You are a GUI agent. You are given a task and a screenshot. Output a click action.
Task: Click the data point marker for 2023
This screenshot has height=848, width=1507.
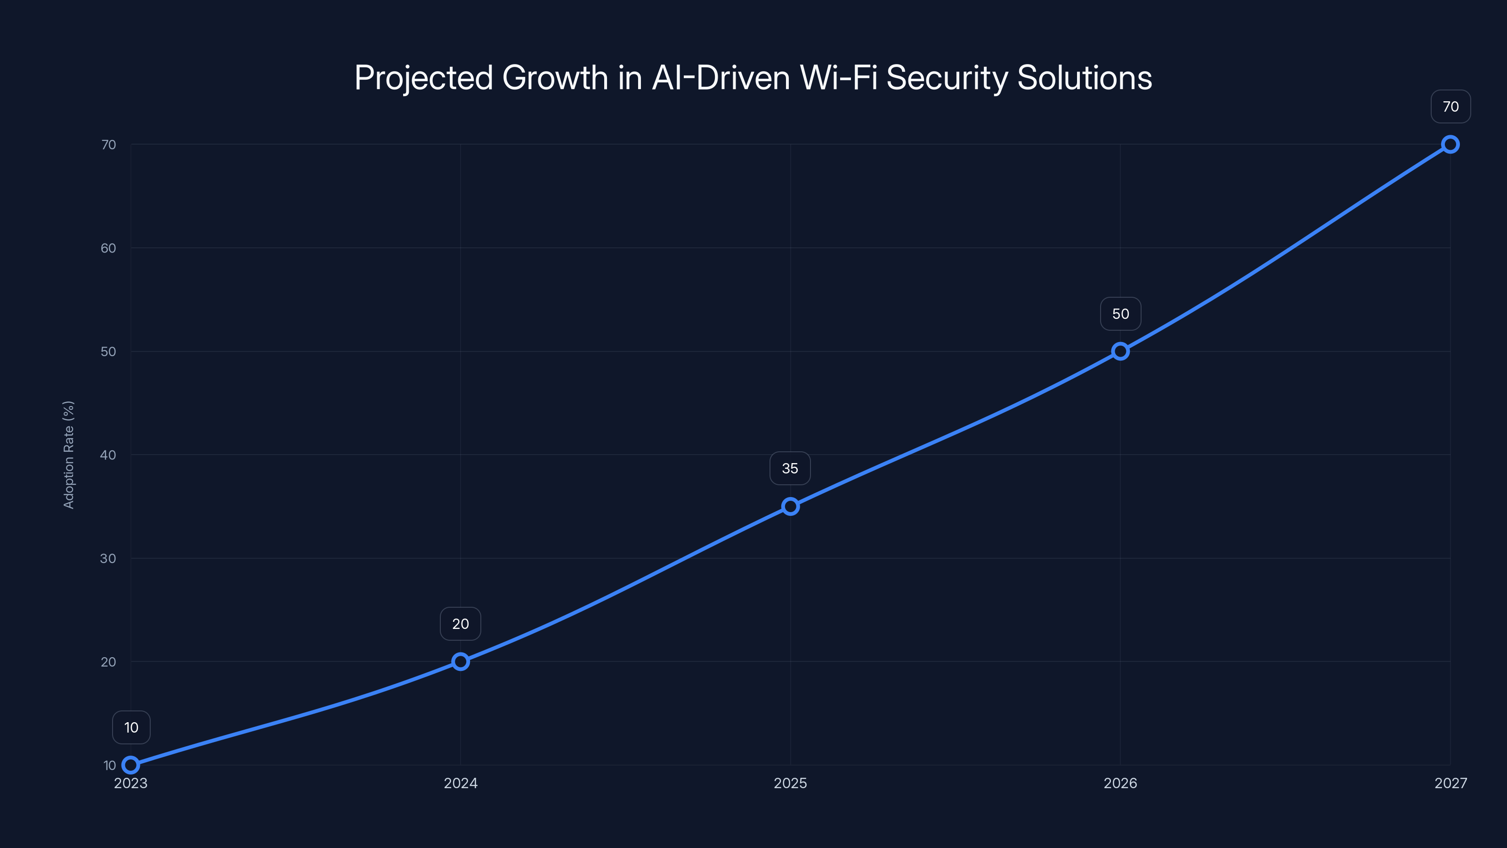coord(130,765)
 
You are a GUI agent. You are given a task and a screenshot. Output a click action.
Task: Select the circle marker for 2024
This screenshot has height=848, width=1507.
coord(461,661)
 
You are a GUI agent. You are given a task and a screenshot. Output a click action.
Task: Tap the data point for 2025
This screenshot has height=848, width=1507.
coord(790,506)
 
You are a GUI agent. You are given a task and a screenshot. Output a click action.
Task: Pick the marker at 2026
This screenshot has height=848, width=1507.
coord(1120,351)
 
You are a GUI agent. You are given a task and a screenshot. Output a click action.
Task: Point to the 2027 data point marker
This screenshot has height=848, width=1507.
coord(1450,145)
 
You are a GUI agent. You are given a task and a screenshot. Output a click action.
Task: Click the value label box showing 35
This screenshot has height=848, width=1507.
coord(790,468)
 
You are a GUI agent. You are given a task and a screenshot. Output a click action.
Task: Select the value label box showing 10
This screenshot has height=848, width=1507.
coord(131,727)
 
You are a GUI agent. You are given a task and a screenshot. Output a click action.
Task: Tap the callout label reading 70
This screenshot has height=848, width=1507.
coord(1450,106)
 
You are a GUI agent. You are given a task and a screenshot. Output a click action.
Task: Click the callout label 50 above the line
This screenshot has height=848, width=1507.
coord(1120,314)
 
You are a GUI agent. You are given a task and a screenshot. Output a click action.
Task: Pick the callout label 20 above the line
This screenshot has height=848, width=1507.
coord(461,624)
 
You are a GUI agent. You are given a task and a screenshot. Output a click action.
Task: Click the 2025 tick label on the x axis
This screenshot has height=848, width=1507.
coord(790,783)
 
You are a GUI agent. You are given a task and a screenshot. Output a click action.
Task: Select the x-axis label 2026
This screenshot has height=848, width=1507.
coord(1120,783)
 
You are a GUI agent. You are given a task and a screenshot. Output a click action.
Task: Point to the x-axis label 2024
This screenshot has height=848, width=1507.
coord(461,783)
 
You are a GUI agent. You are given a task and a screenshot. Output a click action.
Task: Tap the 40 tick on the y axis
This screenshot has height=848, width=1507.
coord(108,455)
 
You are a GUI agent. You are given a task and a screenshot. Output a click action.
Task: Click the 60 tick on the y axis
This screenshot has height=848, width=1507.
coord(108,248)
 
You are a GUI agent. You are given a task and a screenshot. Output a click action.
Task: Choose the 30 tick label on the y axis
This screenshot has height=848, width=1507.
coord(108,558)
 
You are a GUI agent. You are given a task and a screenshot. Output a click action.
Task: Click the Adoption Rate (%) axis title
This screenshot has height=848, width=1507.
coord(68,455)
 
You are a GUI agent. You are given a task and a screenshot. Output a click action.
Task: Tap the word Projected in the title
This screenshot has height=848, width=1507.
coord(423,78)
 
